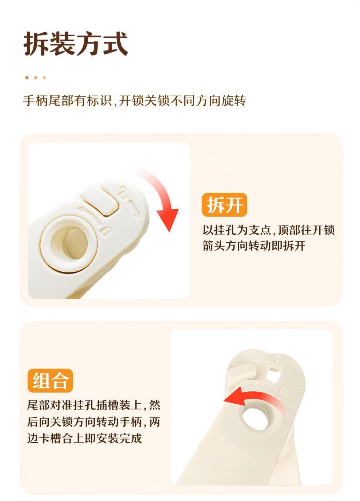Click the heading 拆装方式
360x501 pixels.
pos(76,43)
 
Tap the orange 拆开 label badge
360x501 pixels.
pos(224,205)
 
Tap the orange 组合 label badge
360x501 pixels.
pos(50,381)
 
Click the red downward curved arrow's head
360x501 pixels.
pos(168,219)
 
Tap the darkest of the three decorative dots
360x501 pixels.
pos(27,78)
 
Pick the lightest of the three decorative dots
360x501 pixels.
pos(44,78)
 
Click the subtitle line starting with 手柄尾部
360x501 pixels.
pos(135,101)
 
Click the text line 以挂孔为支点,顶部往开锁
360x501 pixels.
pos(269,230)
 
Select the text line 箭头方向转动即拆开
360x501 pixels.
pos(254,246)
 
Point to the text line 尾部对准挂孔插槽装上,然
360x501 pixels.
pos(94,405)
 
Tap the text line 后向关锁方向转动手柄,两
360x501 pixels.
pos(94,422)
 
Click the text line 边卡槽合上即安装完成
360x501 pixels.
pos(84,439)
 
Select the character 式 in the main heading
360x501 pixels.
pos(115,43)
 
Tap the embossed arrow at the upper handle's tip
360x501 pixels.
pos(135,210)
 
